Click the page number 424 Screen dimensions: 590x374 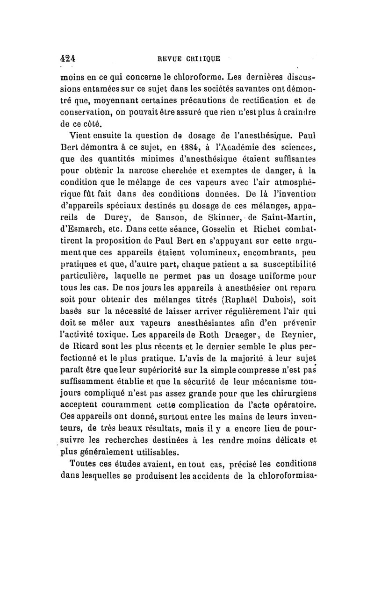(x=68, y=59)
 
